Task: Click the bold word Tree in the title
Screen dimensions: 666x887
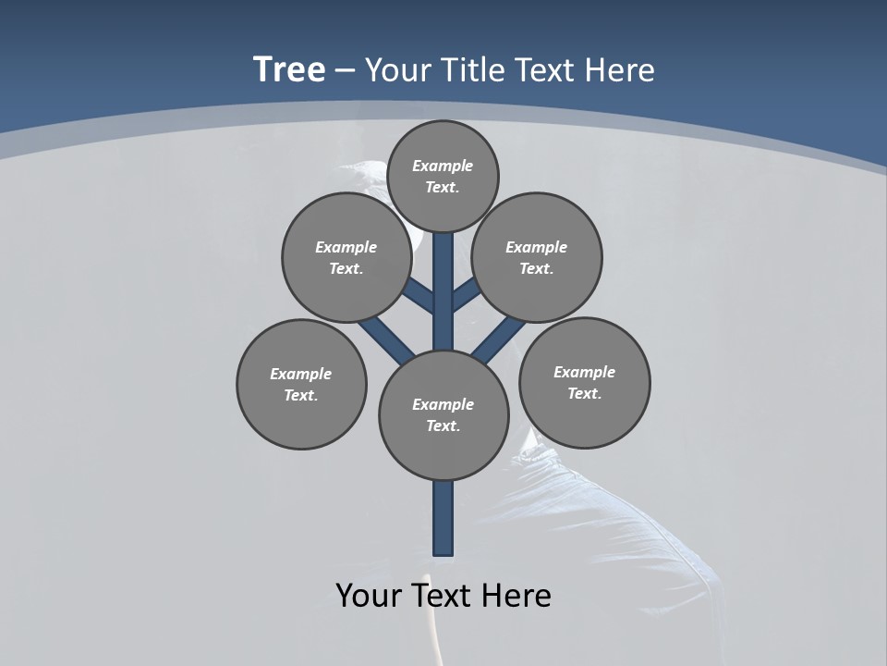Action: pos(289,69)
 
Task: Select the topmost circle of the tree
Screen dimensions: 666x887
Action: pos(443,176)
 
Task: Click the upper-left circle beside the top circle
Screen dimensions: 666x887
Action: pos(346,257)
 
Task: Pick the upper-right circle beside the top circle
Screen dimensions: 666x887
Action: pos(537,257)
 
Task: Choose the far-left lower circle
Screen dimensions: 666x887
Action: pos(301,384)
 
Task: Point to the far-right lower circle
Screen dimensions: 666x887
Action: pos(585,382)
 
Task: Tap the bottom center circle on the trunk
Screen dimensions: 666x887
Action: pos(443,414)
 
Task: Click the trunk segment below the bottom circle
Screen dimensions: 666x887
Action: pos(443,518)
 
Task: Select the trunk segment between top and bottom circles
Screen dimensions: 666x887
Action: pos(443,291)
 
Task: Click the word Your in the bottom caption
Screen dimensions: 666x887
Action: pos(367,596)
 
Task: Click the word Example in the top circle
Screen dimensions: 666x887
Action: pos(443,166)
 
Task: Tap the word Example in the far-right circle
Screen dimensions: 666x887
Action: pos(584,372)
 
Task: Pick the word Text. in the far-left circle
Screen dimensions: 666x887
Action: pos(301,395)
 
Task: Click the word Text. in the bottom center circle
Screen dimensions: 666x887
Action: pos(443,425)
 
